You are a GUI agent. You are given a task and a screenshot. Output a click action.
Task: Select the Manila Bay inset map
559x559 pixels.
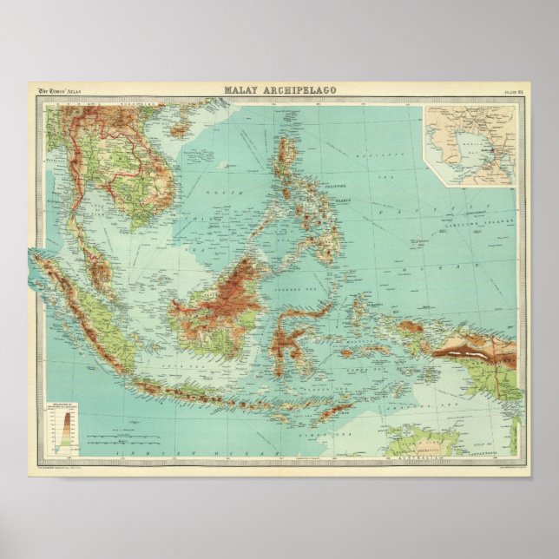coord(470,145)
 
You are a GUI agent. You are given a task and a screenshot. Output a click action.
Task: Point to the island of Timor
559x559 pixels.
coord(335,407)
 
